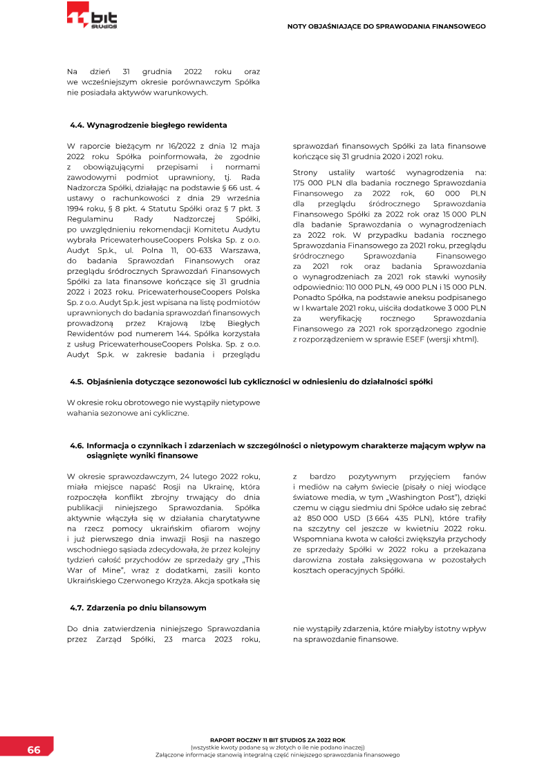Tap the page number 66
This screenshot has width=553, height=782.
(x=34, y=750)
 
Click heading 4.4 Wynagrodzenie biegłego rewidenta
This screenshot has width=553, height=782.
(x=148, y=125)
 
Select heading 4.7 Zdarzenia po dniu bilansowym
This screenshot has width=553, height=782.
(x=138, y=608)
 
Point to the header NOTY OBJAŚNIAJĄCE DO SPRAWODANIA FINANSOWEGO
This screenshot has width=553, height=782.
(x=386, y=26)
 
